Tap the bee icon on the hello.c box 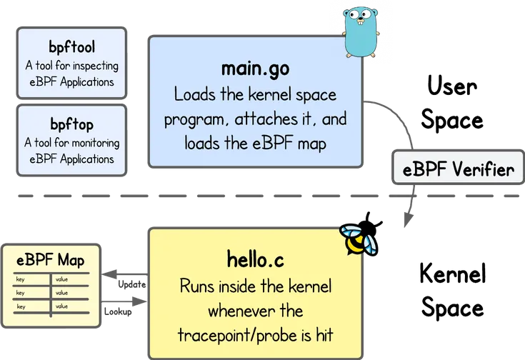(x=358, y=240)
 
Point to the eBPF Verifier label (x=458, y=170)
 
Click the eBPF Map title (x=51, y=260)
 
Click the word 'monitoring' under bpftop (x=95, y=143)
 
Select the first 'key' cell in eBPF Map (x=21, y=280)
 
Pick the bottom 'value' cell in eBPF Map (x=61, y=306)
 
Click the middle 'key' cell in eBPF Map (x=21, y=293)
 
